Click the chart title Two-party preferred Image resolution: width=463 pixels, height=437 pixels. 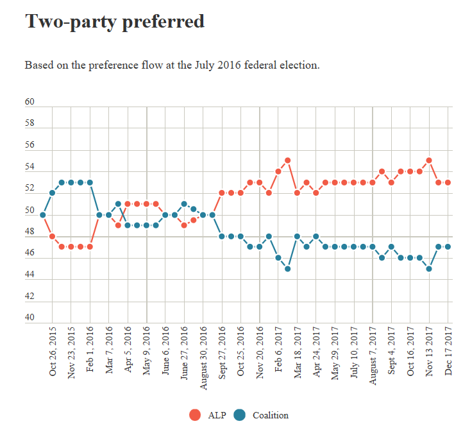click(x=115, y=22)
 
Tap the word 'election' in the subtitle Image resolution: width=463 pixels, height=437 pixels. click(x=298, y=65)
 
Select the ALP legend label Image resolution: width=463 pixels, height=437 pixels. click(x=217, y=415)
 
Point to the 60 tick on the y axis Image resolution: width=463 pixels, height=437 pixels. click(x=29, y=103)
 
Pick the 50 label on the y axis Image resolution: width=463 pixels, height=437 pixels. click(x=29, y=210)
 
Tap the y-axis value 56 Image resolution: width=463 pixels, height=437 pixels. click(x=29, y=146)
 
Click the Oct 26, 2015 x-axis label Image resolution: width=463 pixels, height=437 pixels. click(x=53, y=353)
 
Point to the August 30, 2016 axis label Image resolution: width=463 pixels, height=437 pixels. click(x=203, y=356)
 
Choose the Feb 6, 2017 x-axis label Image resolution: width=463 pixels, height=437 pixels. click(x=278, y=353)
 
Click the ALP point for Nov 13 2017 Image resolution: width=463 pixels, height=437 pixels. click(x=429, y=160)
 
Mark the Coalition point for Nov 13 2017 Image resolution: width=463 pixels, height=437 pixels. click(x=429, y=269)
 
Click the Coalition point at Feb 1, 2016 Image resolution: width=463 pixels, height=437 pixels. click(x=90, y=182)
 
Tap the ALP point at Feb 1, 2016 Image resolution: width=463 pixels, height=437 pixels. click(x=90, y=247)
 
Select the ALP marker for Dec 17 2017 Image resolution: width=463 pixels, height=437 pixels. click(x=448, y=182)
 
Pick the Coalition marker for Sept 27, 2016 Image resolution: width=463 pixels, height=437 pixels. click(x=222, y=236)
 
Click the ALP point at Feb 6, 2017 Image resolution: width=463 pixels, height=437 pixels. click(x=278, y=171)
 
